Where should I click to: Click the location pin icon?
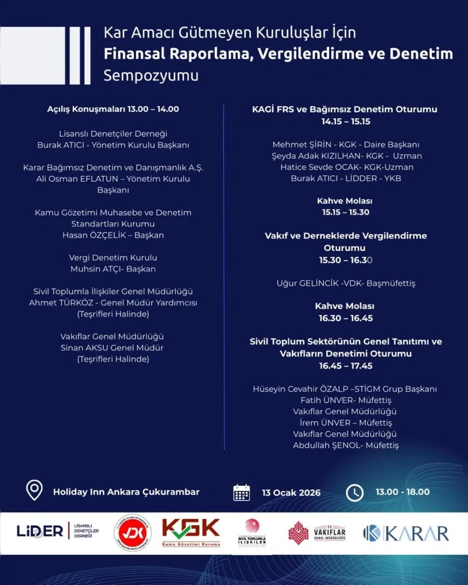(x=34, y=490)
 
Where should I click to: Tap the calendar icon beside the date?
(x=242, y=492)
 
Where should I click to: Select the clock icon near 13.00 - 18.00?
(x=354, y=492)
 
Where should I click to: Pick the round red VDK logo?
(x=132, y=533)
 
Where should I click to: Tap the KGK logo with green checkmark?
(x=191, y=532)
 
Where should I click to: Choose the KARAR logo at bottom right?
(x=406, y=533)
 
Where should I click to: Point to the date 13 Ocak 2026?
(x=291, y=492)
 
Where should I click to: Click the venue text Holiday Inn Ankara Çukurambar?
(x=126, y=492)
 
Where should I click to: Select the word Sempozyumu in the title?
(x=151, y=75)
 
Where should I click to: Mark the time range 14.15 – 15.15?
(x=346, y=122)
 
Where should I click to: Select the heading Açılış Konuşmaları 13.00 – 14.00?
(x=113, y=109)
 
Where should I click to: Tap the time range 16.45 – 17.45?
(x=345, y=366)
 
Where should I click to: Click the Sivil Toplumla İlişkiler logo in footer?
(x=252, y=532)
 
